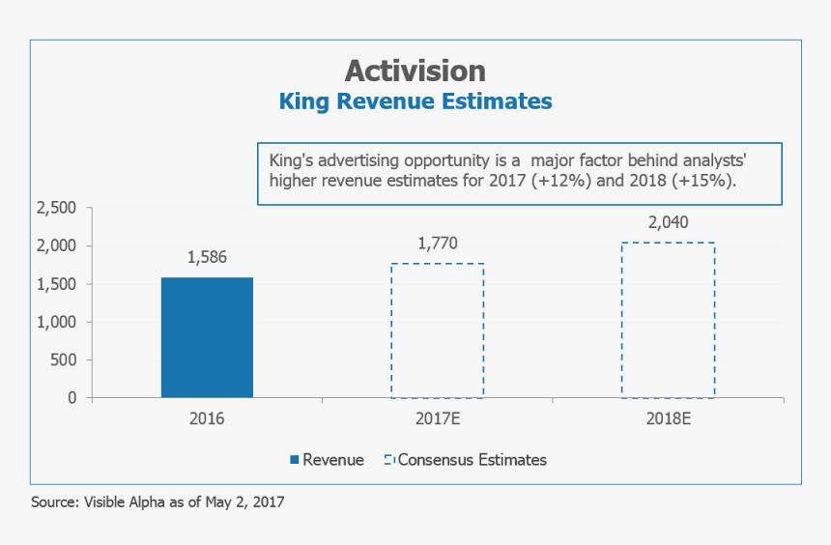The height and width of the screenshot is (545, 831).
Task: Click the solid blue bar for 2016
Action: pos(207,337)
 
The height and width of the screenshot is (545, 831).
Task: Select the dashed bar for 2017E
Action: pos(437,330)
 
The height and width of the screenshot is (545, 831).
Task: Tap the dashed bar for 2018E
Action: pos(668,320)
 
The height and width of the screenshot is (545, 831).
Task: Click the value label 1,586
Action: pos(207,257)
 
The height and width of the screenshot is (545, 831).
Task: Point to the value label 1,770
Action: pos(437,243)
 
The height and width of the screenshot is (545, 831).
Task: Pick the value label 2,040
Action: pos(668,222)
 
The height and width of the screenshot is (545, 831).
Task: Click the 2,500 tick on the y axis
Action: pos(56,208)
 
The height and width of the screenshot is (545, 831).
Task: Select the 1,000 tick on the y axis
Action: pos(56,322)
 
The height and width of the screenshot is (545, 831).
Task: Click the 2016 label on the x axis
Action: pos(207,420)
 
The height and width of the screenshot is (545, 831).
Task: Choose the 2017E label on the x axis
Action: pos(437,420)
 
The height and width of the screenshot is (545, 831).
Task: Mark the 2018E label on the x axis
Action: pos(668,420)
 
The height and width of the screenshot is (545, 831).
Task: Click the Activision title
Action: pos(415,71)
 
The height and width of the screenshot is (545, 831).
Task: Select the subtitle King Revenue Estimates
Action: pos(415,101)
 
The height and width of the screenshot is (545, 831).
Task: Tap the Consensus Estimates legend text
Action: pos(473,460)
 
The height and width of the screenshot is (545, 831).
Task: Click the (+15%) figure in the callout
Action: pos(708,181)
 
